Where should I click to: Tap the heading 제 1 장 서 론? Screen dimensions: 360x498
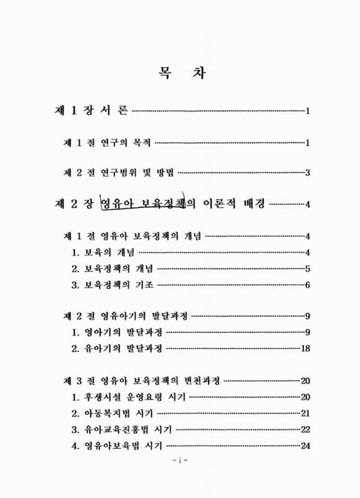pos(91,111)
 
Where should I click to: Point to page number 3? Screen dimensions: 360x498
pos(308,173)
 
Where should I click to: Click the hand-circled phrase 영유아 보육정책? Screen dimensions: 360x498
pos(140,204)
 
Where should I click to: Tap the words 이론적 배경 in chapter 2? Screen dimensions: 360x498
pos(236,204)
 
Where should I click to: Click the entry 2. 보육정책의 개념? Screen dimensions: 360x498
pos(112,268)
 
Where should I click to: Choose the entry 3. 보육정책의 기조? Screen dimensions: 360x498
pos(112,284)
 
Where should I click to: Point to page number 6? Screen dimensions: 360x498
pos(308,285)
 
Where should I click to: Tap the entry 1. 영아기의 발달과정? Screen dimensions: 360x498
pos(116,332)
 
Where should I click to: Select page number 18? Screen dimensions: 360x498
pos(305,349)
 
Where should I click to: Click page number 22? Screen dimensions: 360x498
pos(305,430)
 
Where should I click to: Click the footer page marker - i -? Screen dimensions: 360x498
pos(180,463)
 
